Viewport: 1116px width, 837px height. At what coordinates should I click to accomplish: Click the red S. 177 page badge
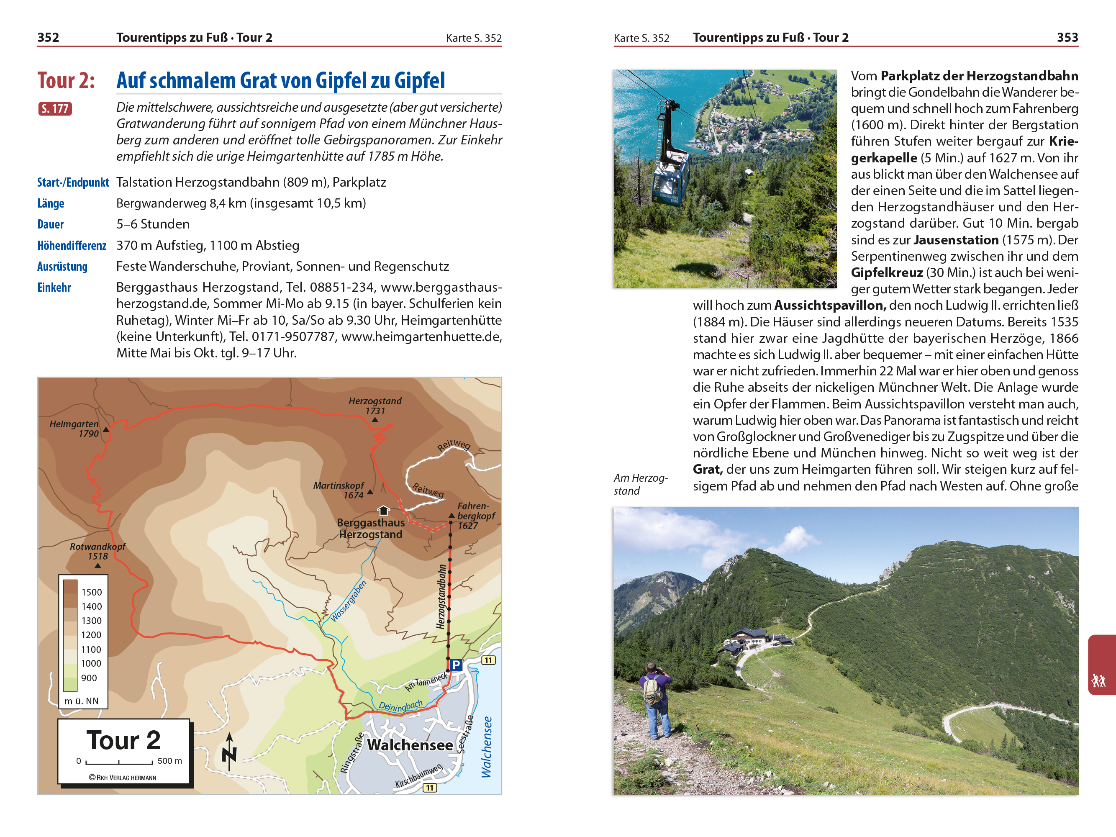click(x=55, y=108)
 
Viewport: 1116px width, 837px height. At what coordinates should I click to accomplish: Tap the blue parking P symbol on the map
click(x=456, y=665)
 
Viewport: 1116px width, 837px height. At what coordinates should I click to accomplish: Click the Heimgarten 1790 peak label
click(x=74, y=429)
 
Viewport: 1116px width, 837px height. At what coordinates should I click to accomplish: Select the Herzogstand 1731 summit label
click(x=375, y=406)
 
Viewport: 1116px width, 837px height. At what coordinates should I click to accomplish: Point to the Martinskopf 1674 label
click(x=339, y=490)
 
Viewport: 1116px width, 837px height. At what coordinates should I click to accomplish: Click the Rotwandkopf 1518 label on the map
click(x=97, y=551)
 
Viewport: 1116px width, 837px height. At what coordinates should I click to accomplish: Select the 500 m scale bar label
click(x=169, y=761)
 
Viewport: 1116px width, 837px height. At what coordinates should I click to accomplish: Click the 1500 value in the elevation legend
click(x=91, y=592)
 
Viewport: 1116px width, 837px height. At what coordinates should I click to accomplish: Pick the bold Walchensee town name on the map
click(x=410, y=745)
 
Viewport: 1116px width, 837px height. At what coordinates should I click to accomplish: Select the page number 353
click(x=1067, y=37)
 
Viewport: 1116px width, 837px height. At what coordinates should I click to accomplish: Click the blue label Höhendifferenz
click(x=72, y=246)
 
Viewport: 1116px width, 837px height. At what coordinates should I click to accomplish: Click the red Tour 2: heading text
click(x=66, y=81)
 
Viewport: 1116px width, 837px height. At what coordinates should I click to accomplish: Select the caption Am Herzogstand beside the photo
click(x=640, y=484)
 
